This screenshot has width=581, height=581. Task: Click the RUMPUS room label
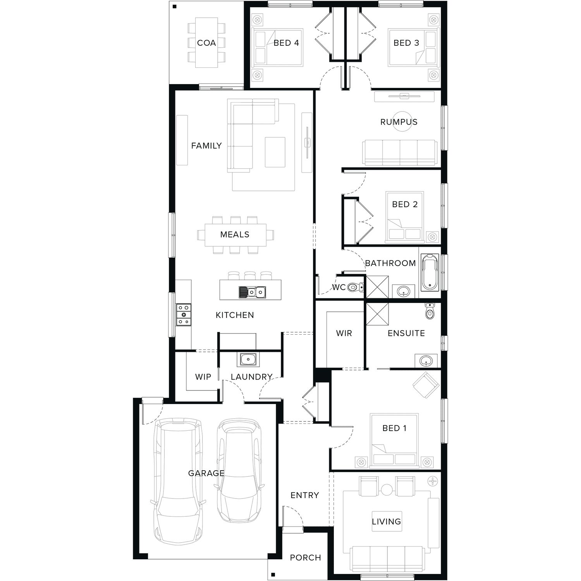[x=399, y=122]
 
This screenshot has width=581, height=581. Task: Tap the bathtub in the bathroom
[x=430, y=272]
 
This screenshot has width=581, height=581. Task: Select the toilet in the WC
[x=355, y=287]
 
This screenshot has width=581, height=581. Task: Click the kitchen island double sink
[x=252, y=292]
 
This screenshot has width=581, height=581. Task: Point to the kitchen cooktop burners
[x=184, y=315]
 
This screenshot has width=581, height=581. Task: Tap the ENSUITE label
[x=406, y=333]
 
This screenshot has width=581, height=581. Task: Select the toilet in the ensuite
[x=430, y=311]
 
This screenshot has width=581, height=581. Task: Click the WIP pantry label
[x=203, y=377]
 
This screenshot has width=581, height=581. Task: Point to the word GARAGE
[x=206, y=473]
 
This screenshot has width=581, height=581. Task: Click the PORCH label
[x=306, y=558]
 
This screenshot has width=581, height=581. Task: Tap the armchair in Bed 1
[x=426, y=385]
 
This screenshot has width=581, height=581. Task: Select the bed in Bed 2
[x=404, y=217]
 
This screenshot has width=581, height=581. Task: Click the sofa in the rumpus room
[x=399, y=153]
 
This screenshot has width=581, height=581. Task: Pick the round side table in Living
[x=387, y=490]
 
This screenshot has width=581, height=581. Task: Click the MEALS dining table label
[x=235, y=234]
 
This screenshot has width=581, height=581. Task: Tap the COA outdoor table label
[x=206, y=43]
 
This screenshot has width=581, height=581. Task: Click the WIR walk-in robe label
[x=344, y=333]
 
